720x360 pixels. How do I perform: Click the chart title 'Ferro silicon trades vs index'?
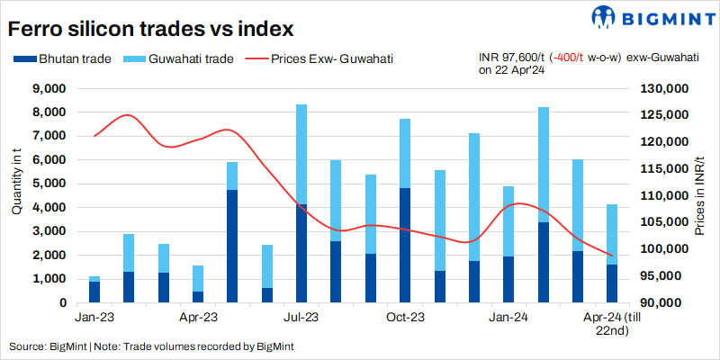[151, 29]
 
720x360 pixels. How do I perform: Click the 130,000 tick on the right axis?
[665, 89]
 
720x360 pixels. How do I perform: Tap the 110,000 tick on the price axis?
[665, 196]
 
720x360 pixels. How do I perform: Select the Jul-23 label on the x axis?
[301, 318]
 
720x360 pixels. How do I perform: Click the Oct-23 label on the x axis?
[405, 318]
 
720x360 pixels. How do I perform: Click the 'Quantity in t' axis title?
[16, 185]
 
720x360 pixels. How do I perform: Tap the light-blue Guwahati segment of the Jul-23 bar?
[301, 154]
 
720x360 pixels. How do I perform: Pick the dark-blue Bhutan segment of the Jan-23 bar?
[94, 292]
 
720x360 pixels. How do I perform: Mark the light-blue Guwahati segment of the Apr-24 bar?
[612, 234]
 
